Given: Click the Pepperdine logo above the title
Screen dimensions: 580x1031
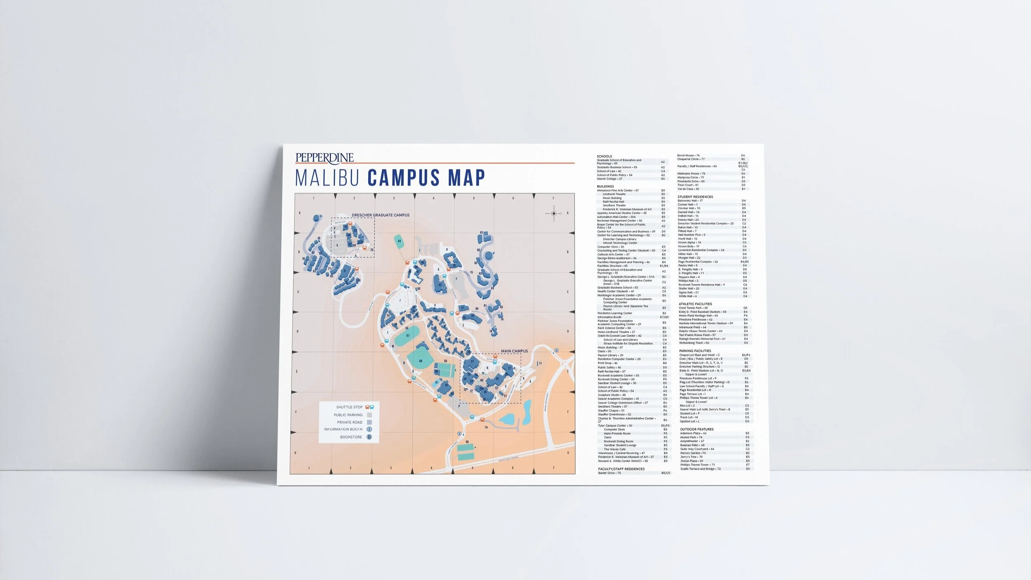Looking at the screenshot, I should coord(325,158).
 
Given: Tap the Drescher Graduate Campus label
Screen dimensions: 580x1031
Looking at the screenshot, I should coord(380,215).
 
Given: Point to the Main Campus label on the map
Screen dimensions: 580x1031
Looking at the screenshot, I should coord(514,351).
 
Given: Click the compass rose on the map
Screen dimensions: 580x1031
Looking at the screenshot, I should coord(554,213).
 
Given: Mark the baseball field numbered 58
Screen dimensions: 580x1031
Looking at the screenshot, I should coord(421,361).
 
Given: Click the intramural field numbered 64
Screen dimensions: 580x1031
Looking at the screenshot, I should coord(399,241).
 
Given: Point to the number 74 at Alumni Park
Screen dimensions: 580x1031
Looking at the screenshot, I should coord(486,427).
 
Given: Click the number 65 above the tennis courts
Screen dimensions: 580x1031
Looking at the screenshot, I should coord(467,442).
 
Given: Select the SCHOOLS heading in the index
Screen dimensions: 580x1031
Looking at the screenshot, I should coord(604,156).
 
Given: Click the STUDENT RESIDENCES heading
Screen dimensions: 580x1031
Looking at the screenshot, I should coord(695,197).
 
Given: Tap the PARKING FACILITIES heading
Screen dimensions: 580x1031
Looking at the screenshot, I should coord(695,351).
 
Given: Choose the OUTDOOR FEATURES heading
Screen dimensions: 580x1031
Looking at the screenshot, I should coord(697,429).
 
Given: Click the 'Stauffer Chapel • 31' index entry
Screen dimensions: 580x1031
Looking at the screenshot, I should coord(611,410).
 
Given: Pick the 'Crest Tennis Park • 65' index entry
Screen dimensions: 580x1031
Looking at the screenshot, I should coord(693,308).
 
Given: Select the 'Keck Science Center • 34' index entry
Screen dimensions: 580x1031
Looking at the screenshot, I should coord(614,328).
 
